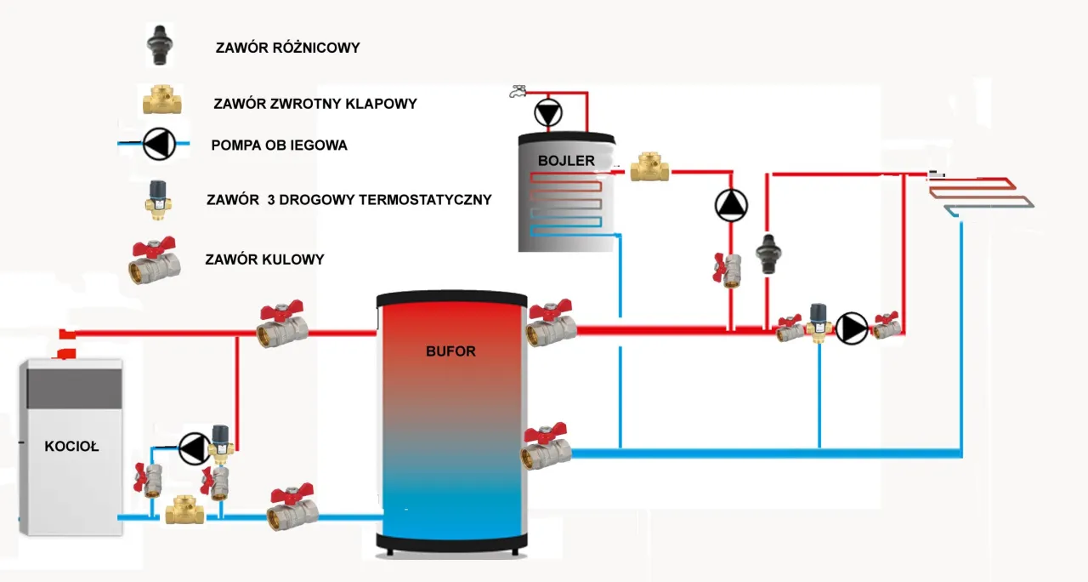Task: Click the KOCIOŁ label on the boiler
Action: point(71,446)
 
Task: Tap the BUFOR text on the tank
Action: point(450,351)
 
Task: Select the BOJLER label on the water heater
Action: point(566,160)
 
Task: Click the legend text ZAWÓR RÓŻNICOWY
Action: point(287,48)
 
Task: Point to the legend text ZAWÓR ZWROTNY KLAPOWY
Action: point(315,104)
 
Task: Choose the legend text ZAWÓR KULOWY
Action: point(264,260)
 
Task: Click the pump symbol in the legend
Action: point(156,144)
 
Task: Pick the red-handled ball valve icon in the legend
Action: point(154,260)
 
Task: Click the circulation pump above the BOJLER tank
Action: point(548,112)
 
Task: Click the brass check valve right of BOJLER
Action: point(650,167)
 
